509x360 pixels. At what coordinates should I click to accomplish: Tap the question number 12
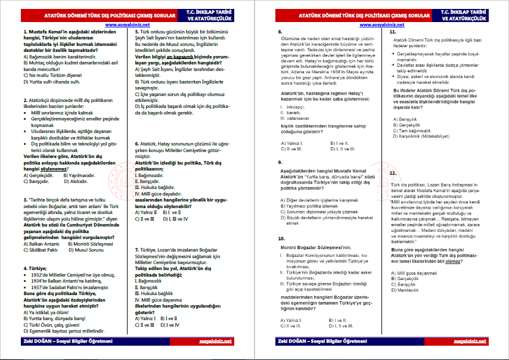(392, 173)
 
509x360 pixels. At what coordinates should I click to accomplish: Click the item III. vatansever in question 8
(294, 117)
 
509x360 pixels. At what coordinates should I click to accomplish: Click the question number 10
(281, 238)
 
